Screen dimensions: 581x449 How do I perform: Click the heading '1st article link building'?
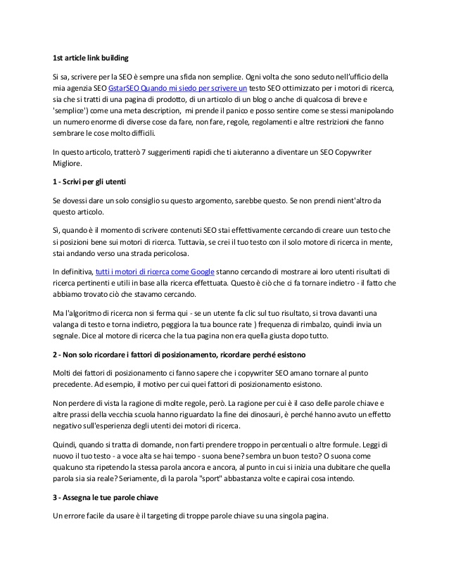coord(91,57)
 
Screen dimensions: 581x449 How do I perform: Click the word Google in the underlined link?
coord(201,271)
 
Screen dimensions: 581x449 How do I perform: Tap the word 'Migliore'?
coord(70,164)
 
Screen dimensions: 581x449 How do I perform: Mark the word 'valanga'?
coord(69,324)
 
